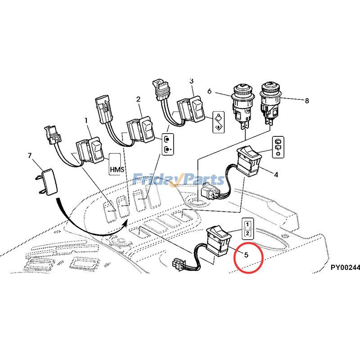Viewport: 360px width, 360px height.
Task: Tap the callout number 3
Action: tap(191, 81)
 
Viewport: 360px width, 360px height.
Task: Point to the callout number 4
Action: tap(276, 174)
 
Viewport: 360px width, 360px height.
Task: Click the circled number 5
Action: tap(246, 254)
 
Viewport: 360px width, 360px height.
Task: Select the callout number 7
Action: tap(30, 156)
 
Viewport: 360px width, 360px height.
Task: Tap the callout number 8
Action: tap(307, 101)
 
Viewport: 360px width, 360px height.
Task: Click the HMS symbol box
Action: tap(116, 165)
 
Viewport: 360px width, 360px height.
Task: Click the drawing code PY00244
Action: tap(345, 267)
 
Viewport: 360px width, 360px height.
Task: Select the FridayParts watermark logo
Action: tap(179, 180)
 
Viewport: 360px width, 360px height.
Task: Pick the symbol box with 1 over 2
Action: tap(248, 228)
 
